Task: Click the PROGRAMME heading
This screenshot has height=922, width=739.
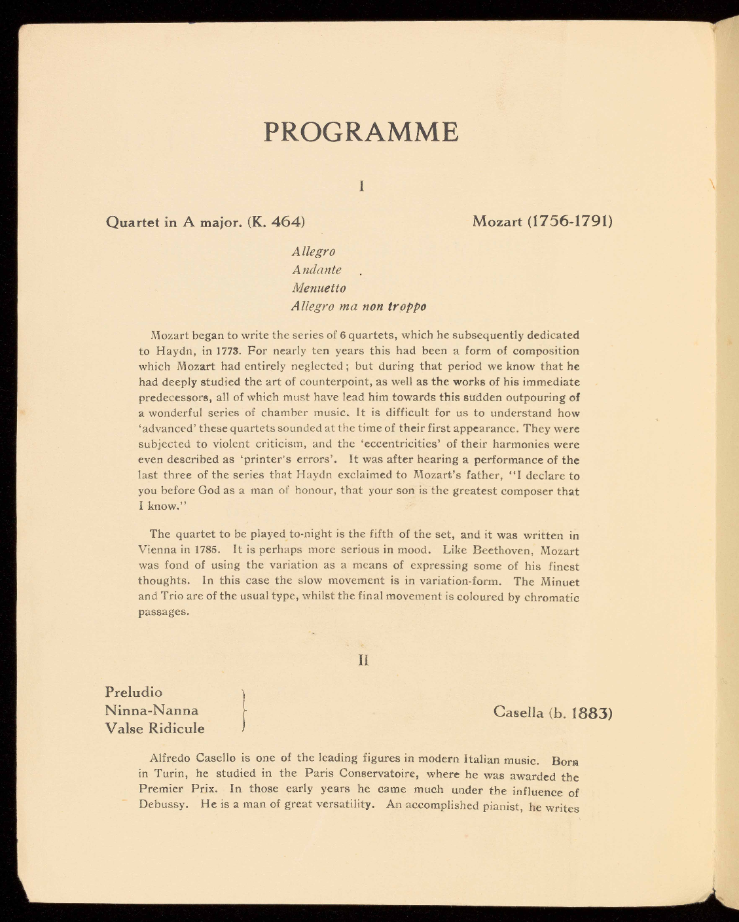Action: pyautogui.click(x=361, y=132)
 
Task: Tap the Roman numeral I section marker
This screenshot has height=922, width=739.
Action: pyautogui.click(x=361, y=186)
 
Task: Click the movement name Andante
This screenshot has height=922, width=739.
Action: pyautogui.click(x=317, y=270)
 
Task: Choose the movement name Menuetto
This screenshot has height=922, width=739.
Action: pyautogui.click(x=319, y=288)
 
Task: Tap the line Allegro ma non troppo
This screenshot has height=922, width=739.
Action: pyautogui.click(x=359, y=306)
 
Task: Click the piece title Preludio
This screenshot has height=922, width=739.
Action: pyautogui.click(x=134, y=692)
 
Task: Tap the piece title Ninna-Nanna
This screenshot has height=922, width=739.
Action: pyautogui.click(x=152, y=710)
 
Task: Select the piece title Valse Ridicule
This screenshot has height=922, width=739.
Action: pyautogui.click(x=155, y=728)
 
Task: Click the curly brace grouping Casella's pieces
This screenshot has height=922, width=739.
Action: pyautogui.click(x=243, y=710)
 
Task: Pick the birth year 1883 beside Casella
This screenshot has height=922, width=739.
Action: pyautogui.click(x=591, y=713)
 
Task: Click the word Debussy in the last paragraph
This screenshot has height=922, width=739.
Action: pyautogui.click(x=164, y=805)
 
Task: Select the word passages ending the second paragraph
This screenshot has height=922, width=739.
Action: pyautogui.click(x=163, y=612)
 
